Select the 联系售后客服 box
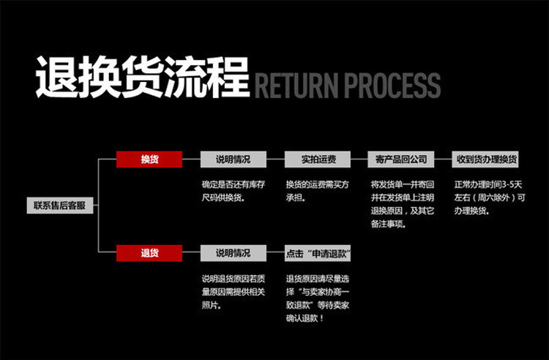pyautogui.click(x=60, y=206)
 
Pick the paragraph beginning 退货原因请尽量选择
pyautogui.click(x=316, y=298)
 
